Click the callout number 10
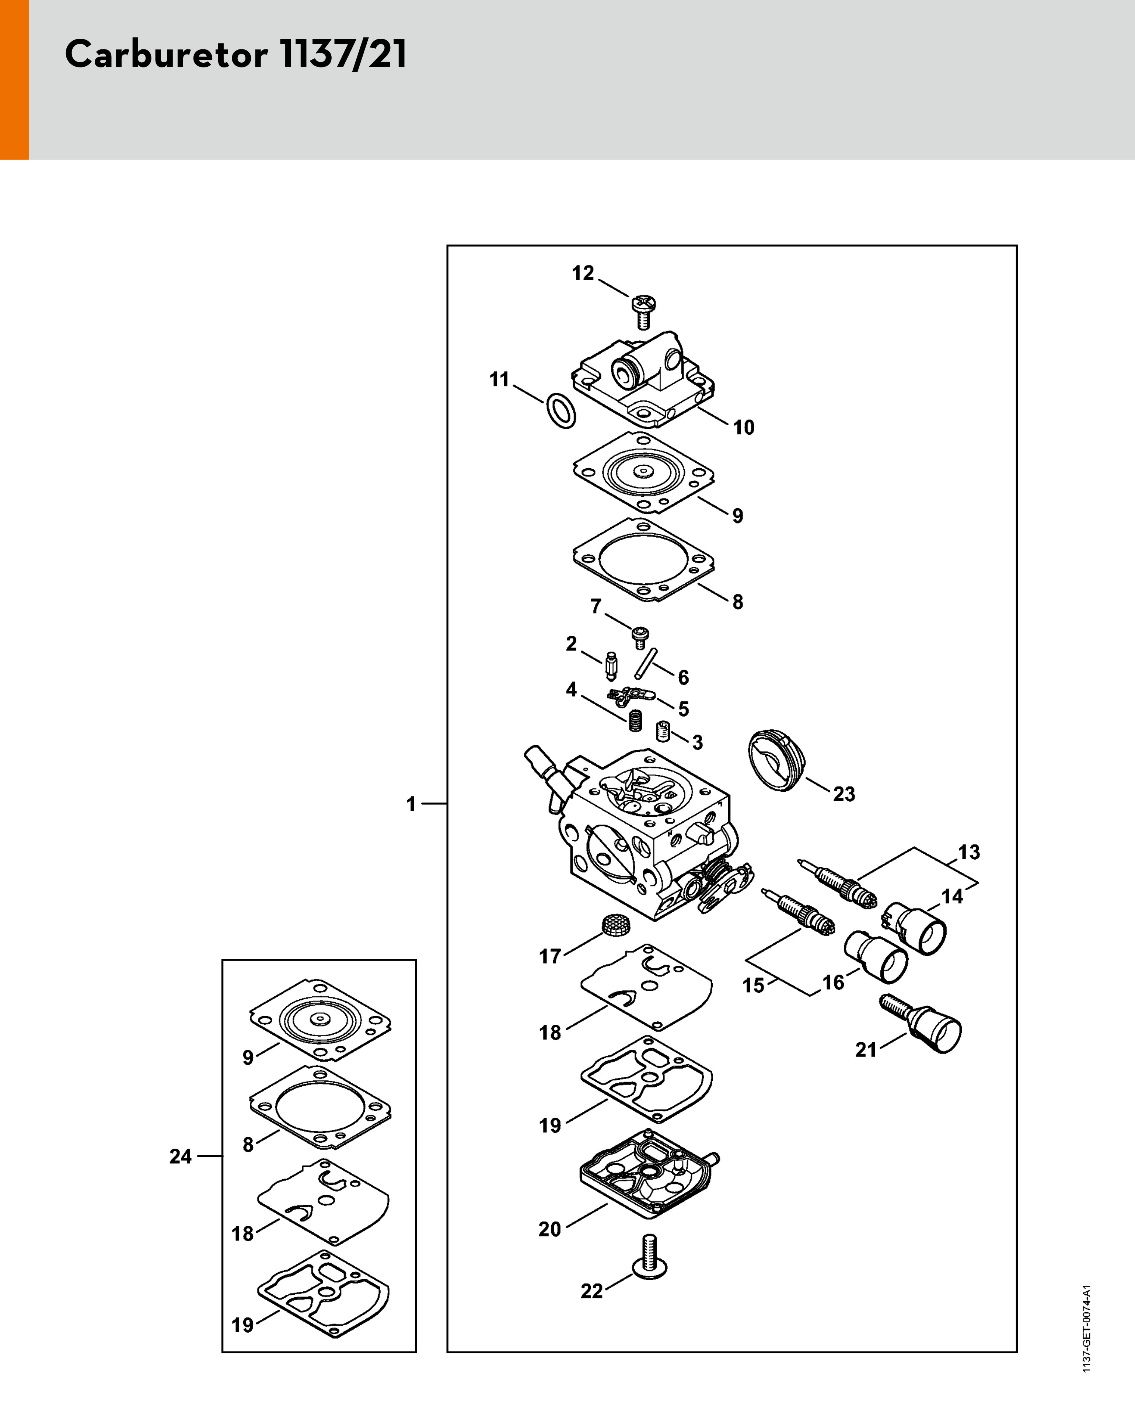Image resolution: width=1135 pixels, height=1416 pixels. tap(744, 427)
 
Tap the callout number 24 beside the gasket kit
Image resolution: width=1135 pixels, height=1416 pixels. tap(181, 1156)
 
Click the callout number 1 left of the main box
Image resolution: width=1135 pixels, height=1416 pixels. tap(411, 804)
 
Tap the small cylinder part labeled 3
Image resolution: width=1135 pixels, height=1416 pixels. tap(663, 730)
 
